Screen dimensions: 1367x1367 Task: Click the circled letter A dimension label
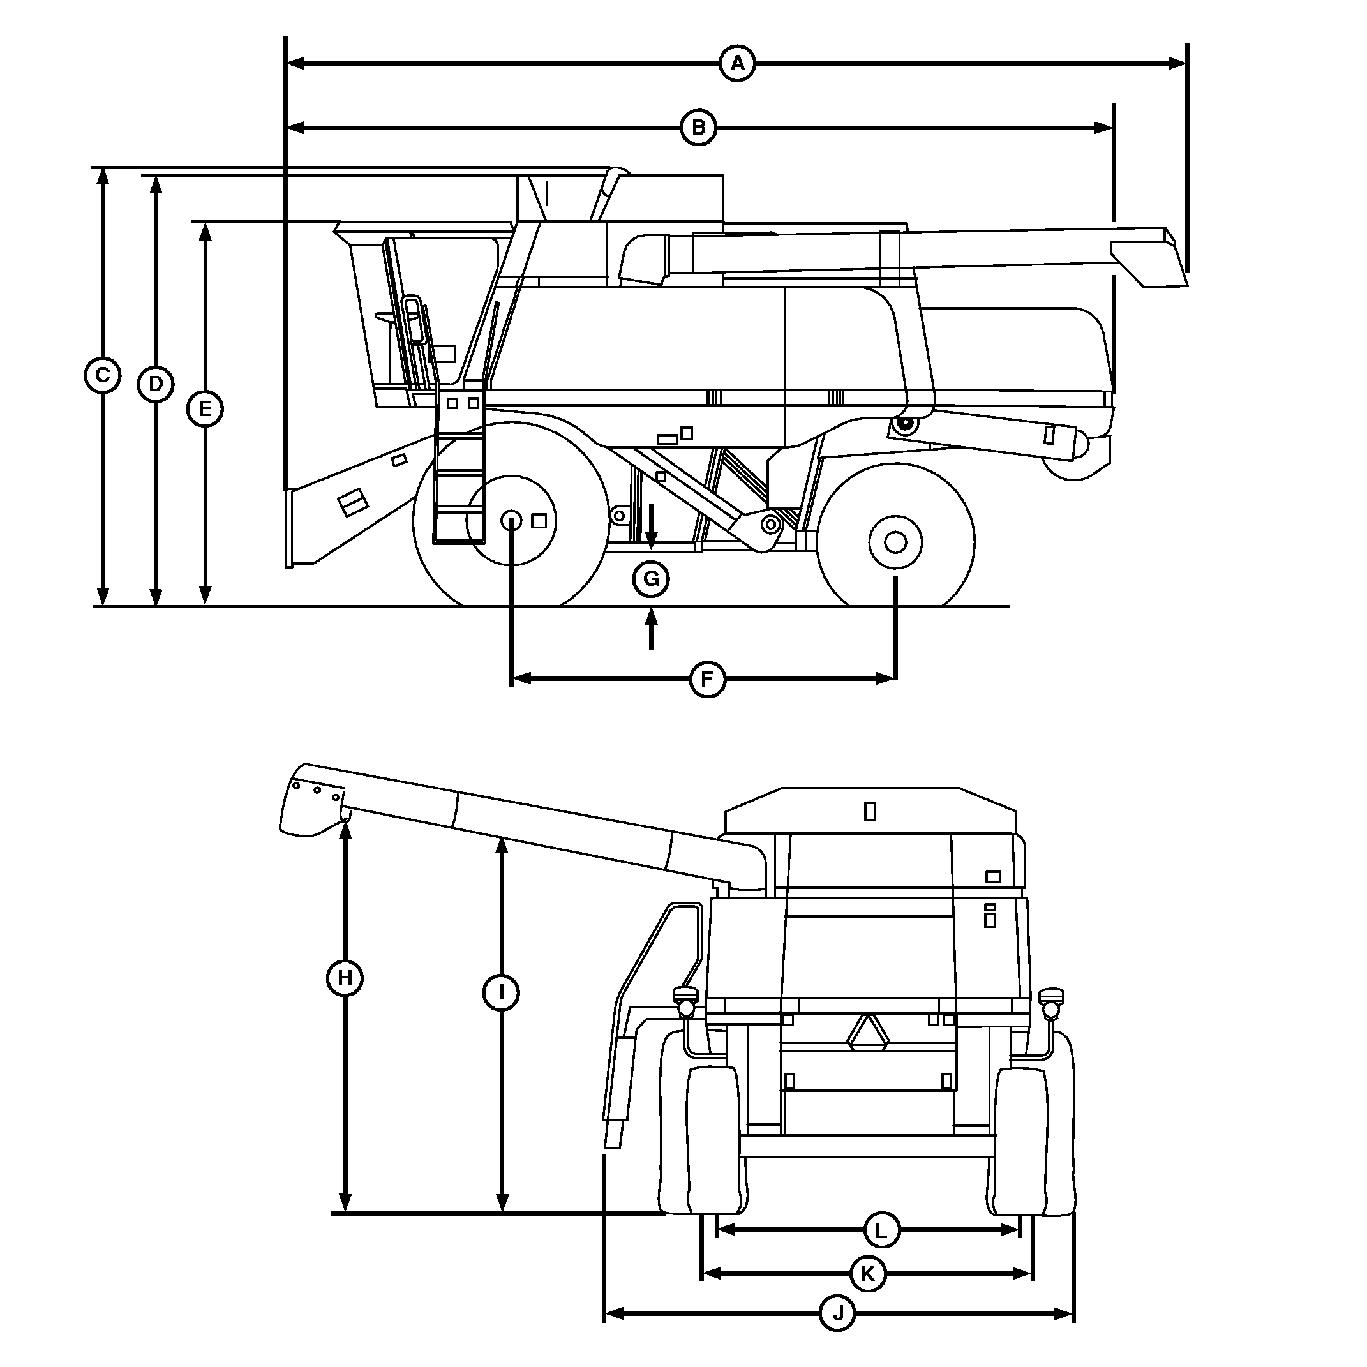(x=737, y=64)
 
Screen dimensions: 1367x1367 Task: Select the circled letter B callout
(x=698, y=128)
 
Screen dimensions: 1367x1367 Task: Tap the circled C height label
(x=102, y=375)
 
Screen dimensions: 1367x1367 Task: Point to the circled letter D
(x=156, y=384)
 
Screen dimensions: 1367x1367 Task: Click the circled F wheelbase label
(x=707, y=679)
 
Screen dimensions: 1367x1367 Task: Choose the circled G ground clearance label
(x=650, y=579)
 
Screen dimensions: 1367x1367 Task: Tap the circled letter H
(x=345, y=978)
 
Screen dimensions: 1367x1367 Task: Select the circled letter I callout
(x=501, y=993)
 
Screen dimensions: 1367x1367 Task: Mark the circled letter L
(x=881, y=1230)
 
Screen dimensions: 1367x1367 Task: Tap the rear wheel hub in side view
(x=895, y=542)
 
